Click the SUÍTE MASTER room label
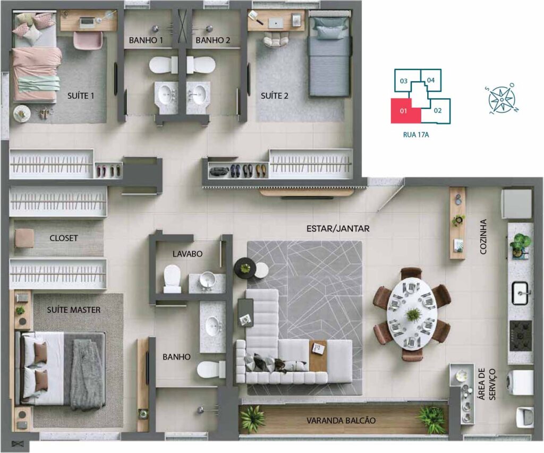(73, 310)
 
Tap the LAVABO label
(188, 254)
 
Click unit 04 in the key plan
(430, 80)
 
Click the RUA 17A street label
(415, 134)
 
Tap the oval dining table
(412, 314)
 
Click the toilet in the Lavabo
(172, 279)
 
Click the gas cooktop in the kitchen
(520, 336)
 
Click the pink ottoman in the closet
(24, 238)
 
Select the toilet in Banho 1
(164, 65)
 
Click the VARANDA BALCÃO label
(341, 421)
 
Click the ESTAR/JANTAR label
(338, 228)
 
